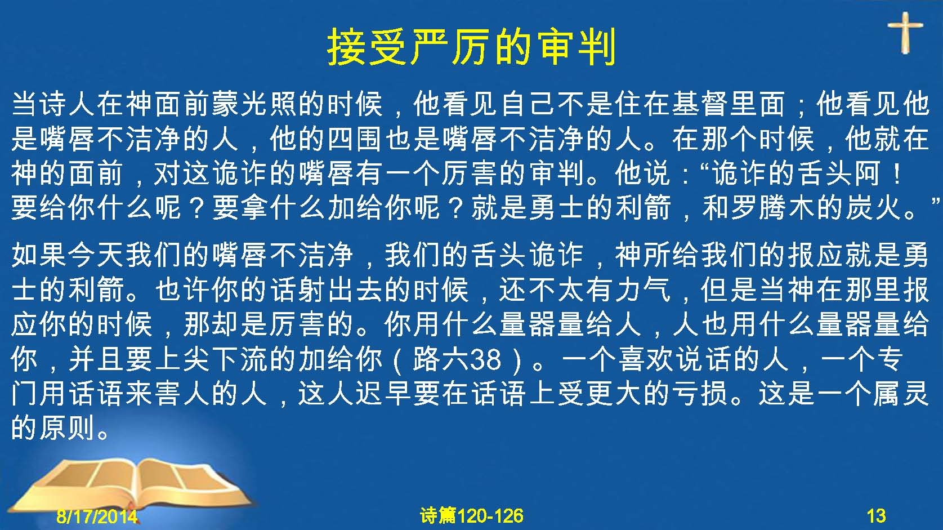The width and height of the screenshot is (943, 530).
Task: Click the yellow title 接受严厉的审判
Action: click(x=472, y=46)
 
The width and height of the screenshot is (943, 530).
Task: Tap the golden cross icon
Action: click(x=905, y=33)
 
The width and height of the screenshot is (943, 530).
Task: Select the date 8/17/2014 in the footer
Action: click(x=97, y=516)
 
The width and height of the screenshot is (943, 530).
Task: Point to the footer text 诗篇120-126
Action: click(x=472, y=516)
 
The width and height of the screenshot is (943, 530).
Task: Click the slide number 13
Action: click(x=876, y=516)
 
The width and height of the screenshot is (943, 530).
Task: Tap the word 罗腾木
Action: click(x=774, y=208)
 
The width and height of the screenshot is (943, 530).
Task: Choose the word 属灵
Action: click(x=901, y=394)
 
